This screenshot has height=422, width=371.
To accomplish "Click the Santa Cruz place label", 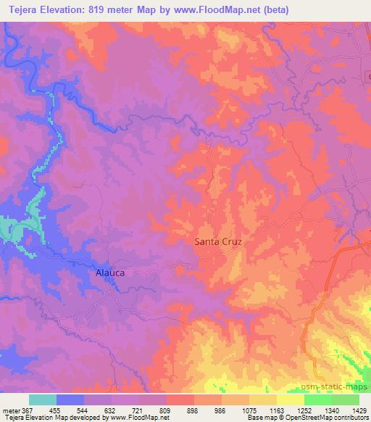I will [217, 243].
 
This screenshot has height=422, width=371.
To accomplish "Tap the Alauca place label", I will [111, 273].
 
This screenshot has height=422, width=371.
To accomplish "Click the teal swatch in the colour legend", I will [43, 400].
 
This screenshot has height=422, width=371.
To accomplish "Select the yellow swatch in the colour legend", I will [291, 400].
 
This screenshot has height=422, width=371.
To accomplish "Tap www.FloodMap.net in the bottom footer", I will [141, 418].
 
